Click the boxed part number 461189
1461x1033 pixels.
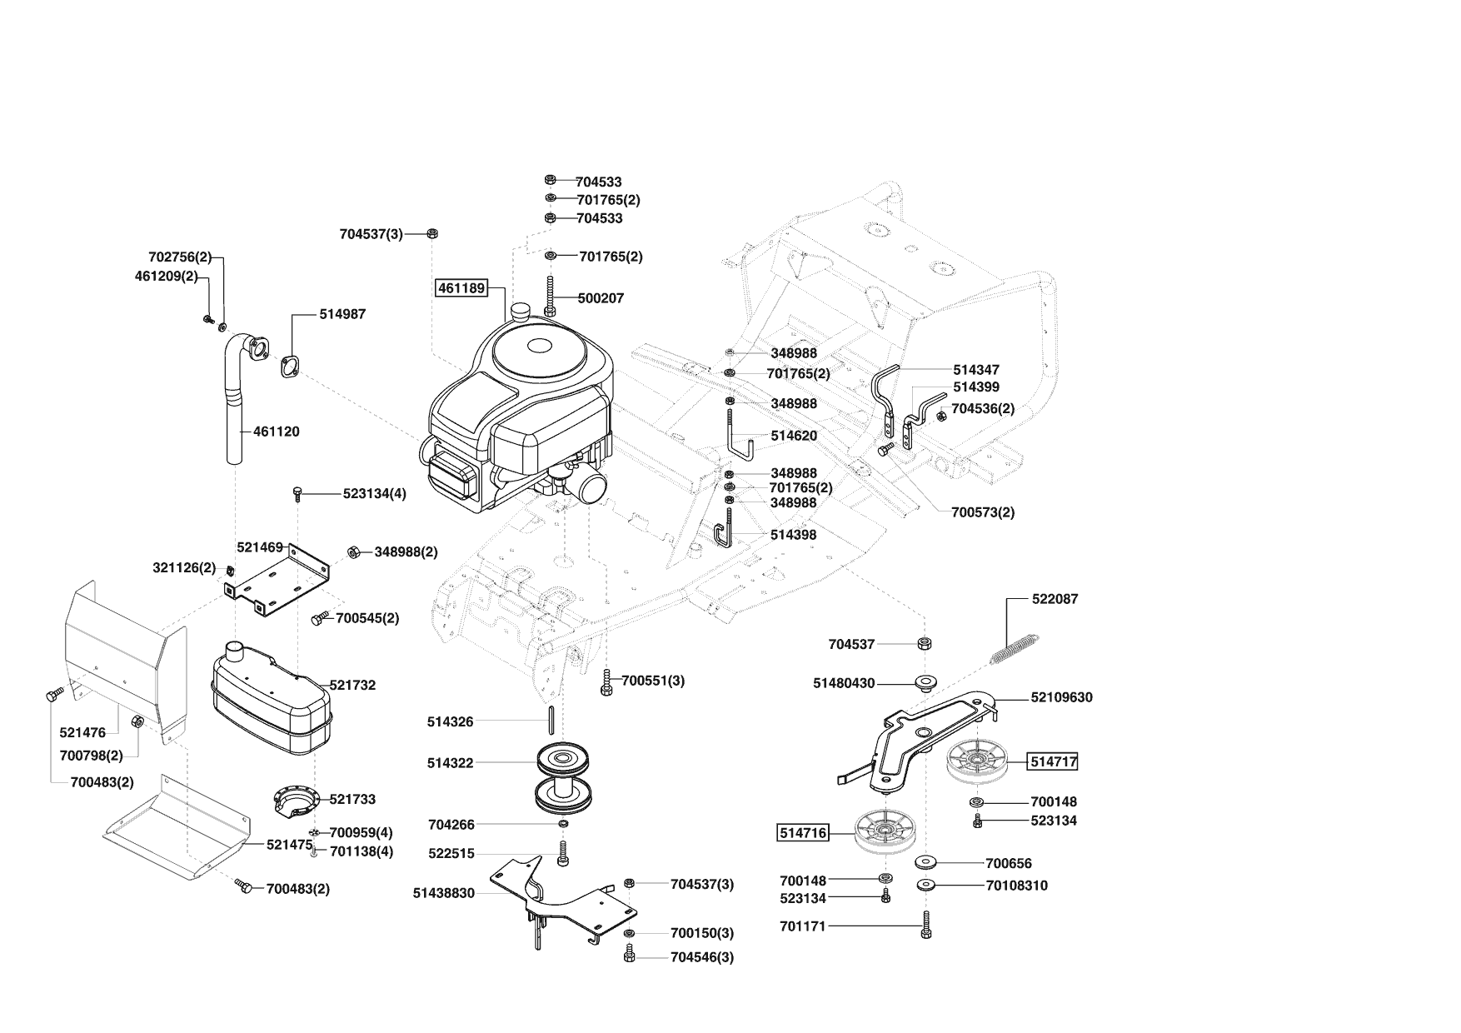[461, 288]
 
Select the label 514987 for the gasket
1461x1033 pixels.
[342, 314]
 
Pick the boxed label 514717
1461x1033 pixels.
[1054, 761]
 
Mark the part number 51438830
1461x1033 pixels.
[443, 893]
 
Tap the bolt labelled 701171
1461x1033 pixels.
[925, 926]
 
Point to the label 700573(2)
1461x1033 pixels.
[983, 512]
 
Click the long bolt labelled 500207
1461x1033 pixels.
[550, 297]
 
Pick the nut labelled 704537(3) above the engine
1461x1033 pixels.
[432, 234]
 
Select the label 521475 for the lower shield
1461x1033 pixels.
[289, 845]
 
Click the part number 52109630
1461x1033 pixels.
[1061, 697]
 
